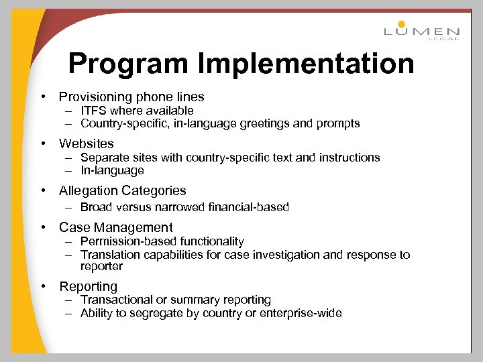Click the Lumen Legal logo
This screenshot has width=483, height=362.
(x=421, y=31)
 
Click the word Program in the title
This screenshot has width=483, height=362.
(x=127, y=64)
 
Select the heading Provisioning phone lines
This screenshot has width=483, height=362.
(x=131, y=97)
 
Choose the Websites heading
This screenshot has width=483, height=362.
(x=87, y=143)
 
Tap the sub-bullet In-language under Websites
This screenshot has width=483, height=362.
(x=112, y=170)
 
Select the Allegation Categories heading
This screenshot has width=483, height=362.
(x=123, y=190)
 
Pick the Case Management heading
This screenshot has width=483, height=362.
(x=116, y=227)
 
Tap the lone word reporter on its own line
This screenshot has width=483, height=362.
(x=102, y=266)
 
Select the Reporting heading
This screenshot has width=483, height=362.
(x=88, y=286)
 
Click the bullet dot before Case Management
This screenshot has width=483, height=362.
(x=43, y=227)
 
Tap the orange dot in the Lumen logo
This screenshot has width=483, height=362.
(x=402, y=24)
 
